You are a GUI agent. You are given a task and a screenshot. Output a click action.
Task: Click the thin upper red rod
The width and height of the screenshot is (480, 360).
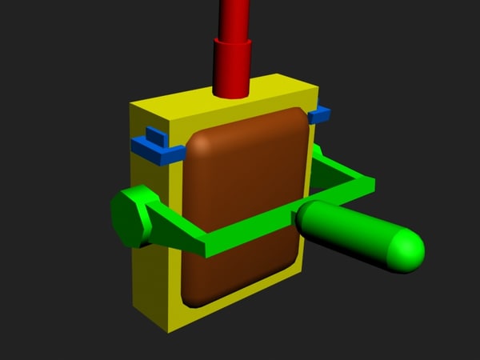tap(234, 16)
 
